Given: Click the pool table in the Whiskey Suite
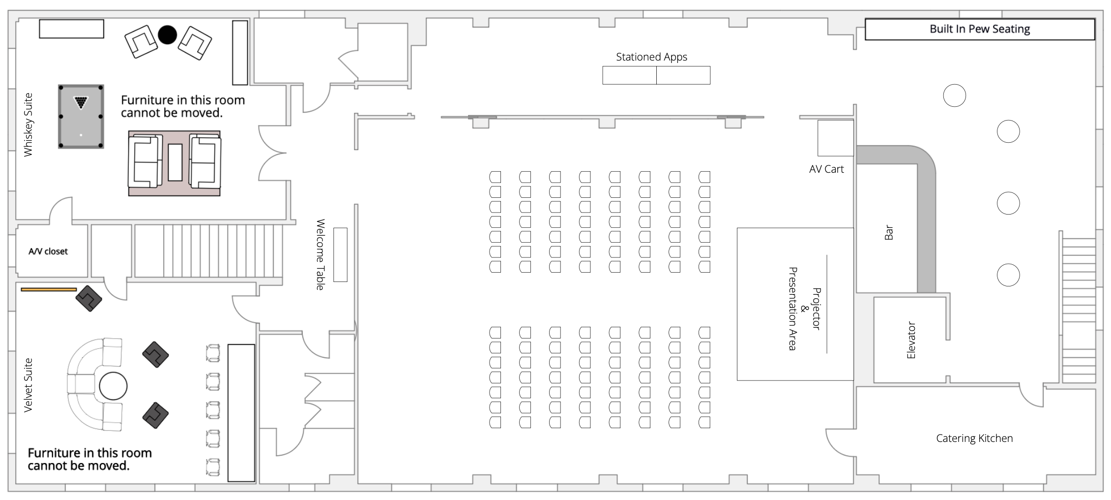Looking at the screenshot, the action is pyautogui.click(x=81, y=117).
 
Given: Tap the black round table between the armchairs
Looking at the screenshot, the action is pyautogui.click(x=167, y=35).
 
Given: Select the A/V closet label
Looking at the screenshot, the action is pyautogui.click(x=48, y=251).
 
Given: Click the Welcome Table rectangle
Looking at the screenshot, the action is pyautogui.click(x=340, y=255).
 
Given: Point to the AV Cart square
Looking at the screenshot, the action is pyautogui.click(x=835, y=138).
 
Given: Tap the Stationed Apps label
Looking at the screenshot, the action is pyautogui.click(x=651, y=57).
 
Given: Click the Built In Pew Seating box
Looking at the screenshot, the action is pyautogui.click(x=980, y=30).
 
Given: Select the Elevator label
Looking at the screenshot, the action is pyautogui.click(x=911, y=340).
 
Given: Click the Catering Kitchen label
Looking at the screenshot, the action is pyautogui.click(x=974, y=438).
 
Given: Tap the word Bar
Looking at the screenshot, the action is pyautogui.click(x=889, y=232).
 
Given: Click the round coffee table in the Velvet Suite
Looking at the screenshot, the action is pyautogui.click(x=113, y=386).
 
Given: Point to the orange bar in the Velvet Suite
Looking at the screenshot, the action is pyautogui.click(x=49, y=289).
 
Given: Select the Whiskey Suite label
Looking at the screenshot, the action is pyautogui.click(x=29, y=125).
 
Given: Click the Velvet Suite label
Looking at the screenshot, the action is pyautogui.click(x=29, y=385).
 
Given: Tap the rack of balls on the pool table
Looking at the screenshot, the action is pyautogui.click(x=81, y=102).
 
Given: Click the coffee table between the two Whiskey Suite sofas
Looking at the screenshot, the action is pyautogui.click(x=175, y=162).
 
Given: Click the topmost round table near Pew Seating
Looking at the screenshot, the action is pyautogui.click(x=955, y=95).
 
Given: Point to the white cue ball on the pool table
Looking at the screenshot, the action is pyautogui.click(x=81, y=135).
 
